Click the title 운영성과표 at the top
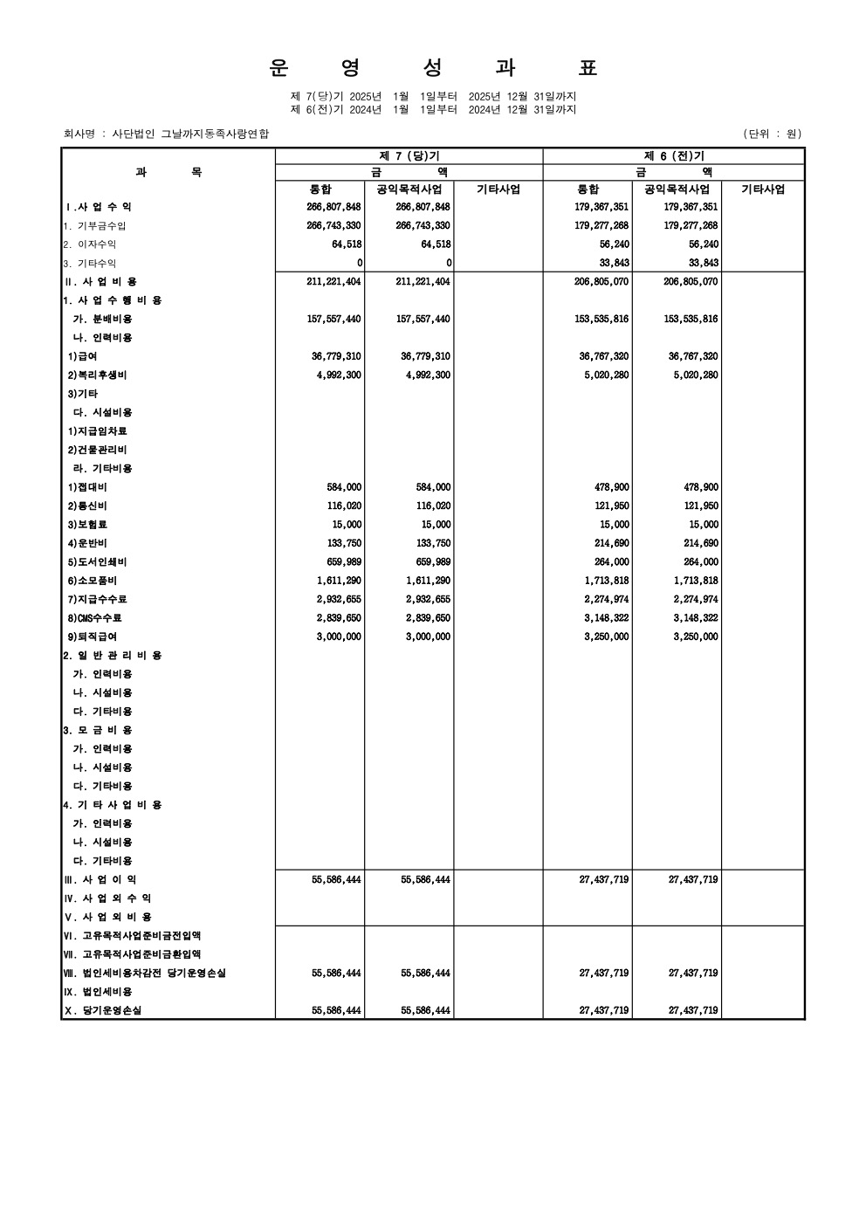click(x=433, y=68)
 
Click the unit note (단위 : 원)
click(x=772, y=134)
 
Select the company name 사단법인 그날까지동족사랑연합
click(x=190, y=134)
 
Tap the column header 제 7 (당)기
click(x=409, y=155)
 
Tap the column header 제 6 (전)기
click(x=673, y=155)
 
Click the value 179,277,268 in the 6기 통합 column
click(x=601, y=225)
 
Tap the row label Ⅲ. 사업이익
click(x=100, y=879)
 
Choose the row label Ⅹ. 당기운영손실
click(x=102, y=1010)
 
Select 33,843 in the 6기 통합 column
click(x=615, y=263)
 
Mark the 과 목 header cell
click(x=168, y=172)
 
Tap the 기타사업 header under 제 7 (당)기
click(x=498, y=189)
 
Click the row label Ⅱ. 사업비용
click(x=100, y=281)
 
